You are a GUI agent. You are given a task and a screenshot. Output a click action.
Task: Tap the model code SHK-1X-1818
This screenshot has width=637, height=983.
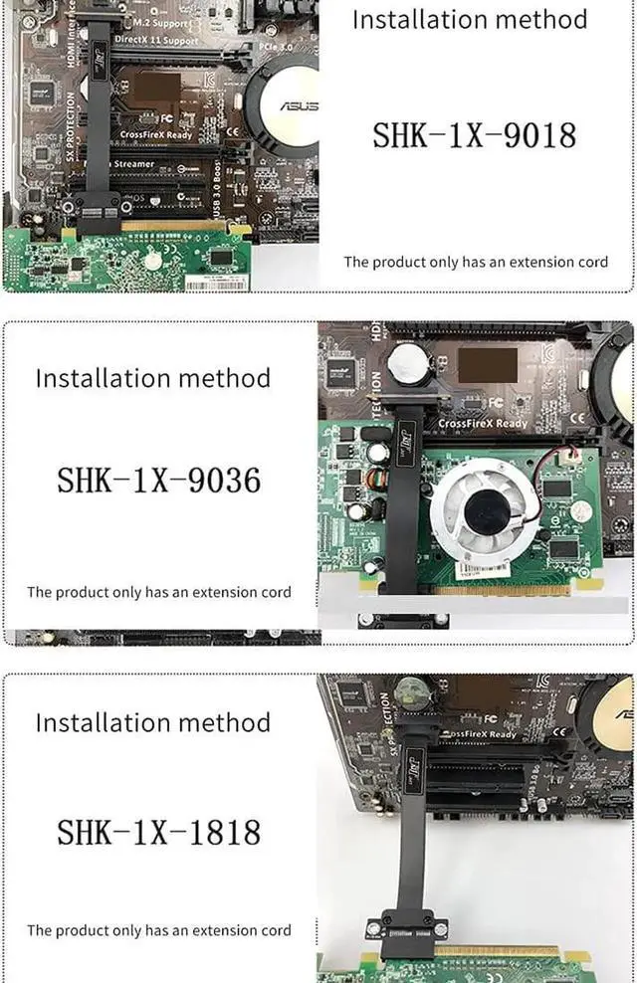(x=158, y=831)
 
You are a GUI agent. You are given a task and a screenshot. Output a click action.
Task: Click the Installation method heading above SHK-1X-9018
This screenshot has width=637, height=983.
(x=470, y=19)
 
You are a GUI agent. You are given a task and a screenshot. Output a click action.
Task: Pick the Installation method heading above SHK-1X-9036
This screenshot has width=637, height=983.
(x=152, y=378)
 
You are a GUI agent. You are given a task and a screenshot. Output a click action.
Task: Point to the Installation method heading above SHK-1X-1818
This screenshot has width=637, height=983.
(x=152, y=722)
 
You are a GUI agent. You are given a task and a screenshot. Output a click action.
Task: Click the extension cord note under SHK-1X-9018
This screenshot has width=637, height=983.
(x=476, y=262)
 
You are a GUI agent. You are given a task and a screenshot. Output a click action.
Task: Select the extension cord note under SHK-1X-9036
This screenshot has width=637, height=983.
(x=159, y=592)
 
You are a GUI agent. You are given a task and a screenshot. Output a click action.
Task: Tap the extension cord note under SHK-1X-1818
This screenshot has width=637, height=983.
(x=159, y=930)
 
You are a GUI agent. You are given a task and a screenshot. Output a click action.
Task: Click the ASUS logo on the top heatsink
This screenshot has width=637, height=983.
(x=299, y=105)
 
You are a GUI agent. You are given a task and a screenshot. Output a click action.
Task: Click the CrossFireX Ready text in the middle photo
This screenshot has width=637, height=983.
(x=484, y=423)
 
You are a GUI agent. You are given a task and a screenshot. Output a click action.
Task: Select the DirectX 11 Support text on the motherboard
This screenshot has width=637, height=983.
(x=155, y=40)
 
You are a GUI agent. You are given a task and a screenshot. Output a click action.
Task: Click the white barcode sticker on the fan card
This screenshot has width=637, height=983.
(x=485, y=569)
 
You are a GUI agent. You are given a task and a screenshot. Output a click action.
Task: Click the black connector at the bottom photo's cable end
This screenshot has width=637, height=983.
(x=404, y=928)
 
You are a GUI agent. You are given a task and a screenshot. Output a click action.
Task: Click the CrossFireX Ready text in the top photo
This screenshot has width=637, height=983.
(x=155, y=133)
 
